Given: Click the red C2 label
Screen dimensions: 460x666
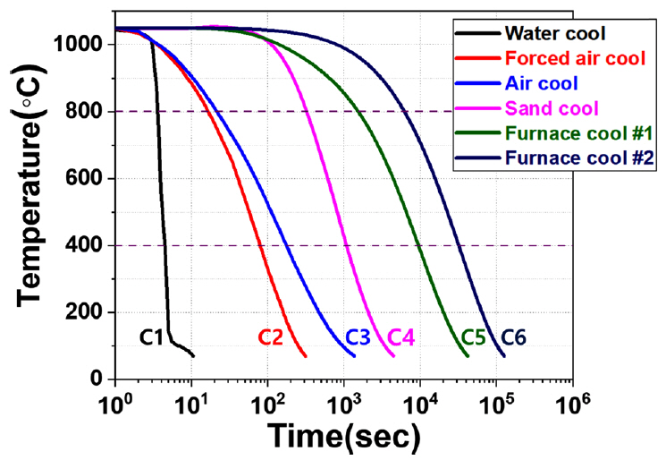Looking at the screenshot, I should point(272,337).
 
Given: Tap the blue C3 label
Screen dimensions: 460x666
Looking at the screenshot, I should point(358,337).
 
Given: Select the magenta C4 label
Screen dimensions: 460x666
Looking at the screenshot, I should point(401,337).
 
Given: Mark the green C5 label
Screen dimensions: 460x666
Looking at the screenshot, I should point(475,337).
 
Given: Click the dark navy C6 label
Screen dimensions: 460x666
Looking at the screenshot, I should point(514,337).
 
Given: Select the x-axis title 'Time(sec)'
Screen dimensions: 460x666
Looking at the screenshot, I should point(343,436).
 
